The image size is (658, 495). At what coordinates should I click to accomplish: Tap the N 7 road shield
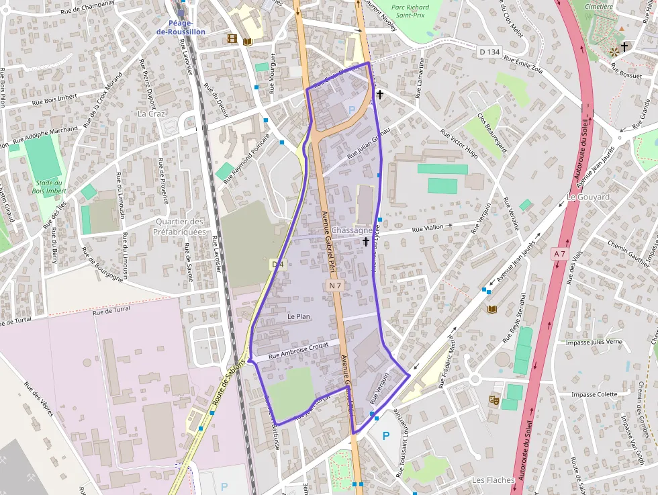(x=336, y=286)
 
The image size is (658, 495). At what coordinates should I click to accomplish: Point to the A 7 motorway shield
(x=559, y=253)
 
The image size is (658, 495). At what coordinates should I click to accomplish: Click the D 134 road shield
(x=490, y=52)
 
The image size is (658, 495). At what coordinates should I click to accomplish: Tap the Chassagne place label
(x=352, y=230)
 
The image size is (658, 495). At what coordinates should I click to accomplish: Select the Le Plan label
(x=298, y=316)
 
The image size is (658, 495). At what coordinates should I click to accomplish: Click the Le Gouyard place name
(x=588, y=197)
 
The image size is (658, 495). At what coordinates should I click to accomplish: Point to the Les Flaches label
(x=493, y=480)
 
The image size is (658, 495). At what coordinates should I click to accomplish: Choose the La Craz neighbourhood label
(x=151, y=114)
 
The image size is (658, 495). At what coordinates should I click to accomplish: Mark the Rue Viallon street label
(x=428, y=228)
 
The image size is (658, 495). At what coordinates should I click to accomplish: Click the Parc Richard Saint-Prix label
(x=410, y=11)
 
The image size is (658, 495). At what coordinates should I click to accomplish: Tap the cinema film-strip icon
(x=232, y=39)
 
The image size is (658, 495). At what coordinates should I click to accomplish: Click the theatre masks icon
(x=495, y=399)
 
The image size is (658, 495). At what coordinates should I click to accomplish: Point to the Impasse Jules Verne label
(x=594, y=342)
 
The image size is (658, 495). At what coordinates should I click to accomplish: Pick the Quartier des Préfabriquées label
(x=179, y=226)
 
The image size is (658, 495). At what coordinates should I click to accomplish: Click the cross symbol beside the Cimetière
(x=625, y=46)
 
